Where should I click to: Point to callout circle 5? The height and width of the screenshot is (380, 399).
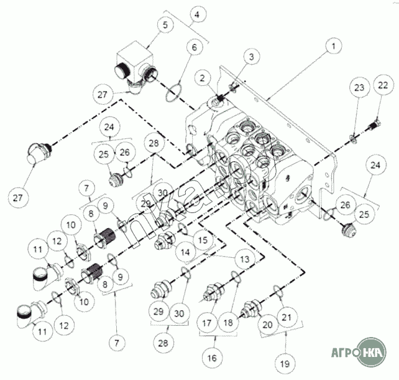pos(165,26)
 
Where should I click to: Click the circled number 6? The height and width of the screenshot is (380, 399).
pos(193,47)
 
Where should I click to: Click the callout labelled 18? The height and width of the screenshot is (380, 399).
pos(229,324)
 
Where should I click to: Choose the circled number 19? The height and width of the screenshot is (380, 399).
pos(285,363)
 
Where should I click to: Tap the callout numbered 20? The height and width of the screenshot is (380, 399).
pos(269,325)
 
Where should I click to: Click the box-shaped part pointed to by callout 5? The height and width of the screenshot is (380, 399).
pos(133,65)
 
